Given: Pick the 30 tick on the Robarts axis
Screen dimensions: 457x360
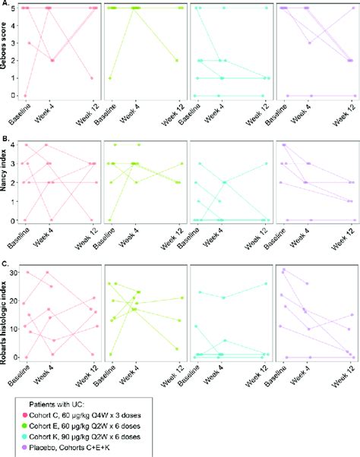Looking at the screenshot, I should coord(17,272).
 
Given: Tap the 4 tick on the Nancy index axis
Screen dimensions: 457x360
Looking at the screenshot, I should coord(18,144).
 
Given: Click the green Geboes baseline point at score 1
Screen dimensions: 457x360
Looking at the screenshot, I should coord(111,78).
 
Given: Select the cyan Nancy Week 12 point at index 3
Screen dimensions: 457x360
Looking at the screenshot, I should coord(266,163).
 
